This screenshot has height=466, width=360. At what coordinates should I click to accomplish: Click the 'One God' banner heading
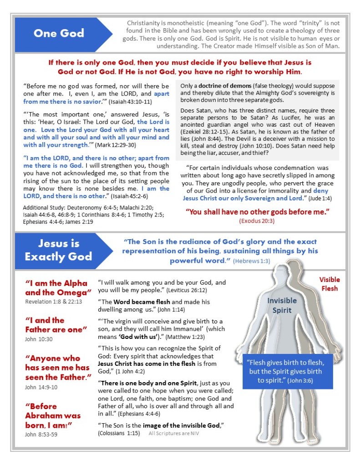(58, 33)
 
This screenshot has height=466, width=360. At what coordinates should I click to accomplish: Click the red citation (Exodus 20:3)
(257, 221)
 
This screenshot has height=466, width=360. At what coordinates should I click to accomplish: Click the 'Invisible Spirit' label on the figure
(282, 305)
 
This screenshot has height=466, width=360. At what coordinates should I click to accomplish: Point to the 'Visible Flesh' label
(329, 283)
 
